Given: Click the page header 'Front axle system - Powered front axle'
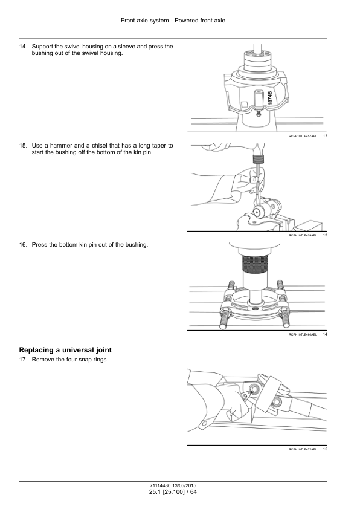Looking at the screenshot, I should click(173, 20).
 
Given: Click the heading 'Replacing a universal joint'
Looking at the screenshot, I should click(65, 350).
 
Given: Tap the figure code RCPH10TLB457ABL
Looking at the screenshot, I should click(303, 137).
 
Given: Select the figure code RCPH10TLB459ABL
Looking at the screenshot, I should click(303, 235).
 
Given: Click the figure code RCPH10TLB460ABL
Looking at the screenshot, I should click(303, 334).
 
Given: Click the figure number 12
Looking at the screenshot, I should click(325, 137).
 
